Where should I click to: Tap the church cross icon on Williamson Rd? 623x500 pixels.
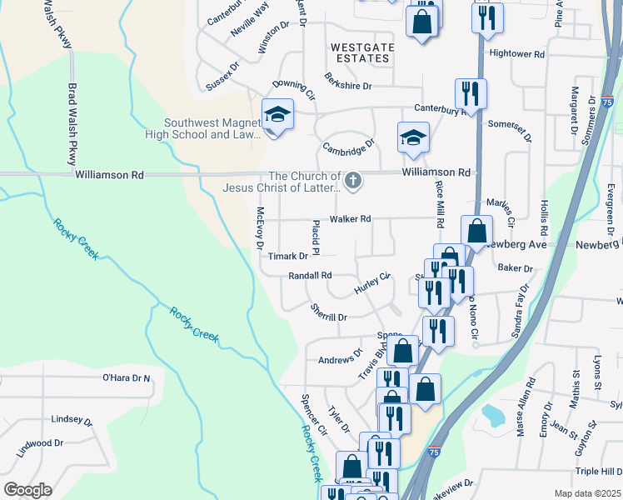[352, 180]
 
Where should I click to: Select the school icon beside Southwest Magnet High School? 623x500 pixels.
[277, 115]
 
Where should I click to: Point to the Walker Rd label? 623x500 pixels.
[349, 219]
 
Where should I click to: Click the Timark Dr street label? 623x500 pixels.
[288, 257]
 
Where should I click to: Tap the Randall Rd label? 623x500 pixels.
[310, 275]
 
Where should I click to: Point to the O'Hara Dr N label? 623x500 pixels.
[127, 378]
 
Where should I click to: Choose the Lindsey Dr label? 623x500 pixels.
[69, 420]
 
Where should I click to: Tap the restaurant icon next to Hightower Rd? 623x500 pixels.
[487, 17]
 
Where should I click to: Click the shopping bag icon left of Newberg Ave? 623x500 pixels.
[476, 232]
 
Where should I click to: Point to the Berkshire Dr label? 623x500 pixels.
[349, 85]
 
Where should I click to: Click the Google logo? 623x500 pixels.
[27, 490]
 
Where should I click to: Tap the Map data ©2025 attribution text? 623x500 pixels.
[588, 493]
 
